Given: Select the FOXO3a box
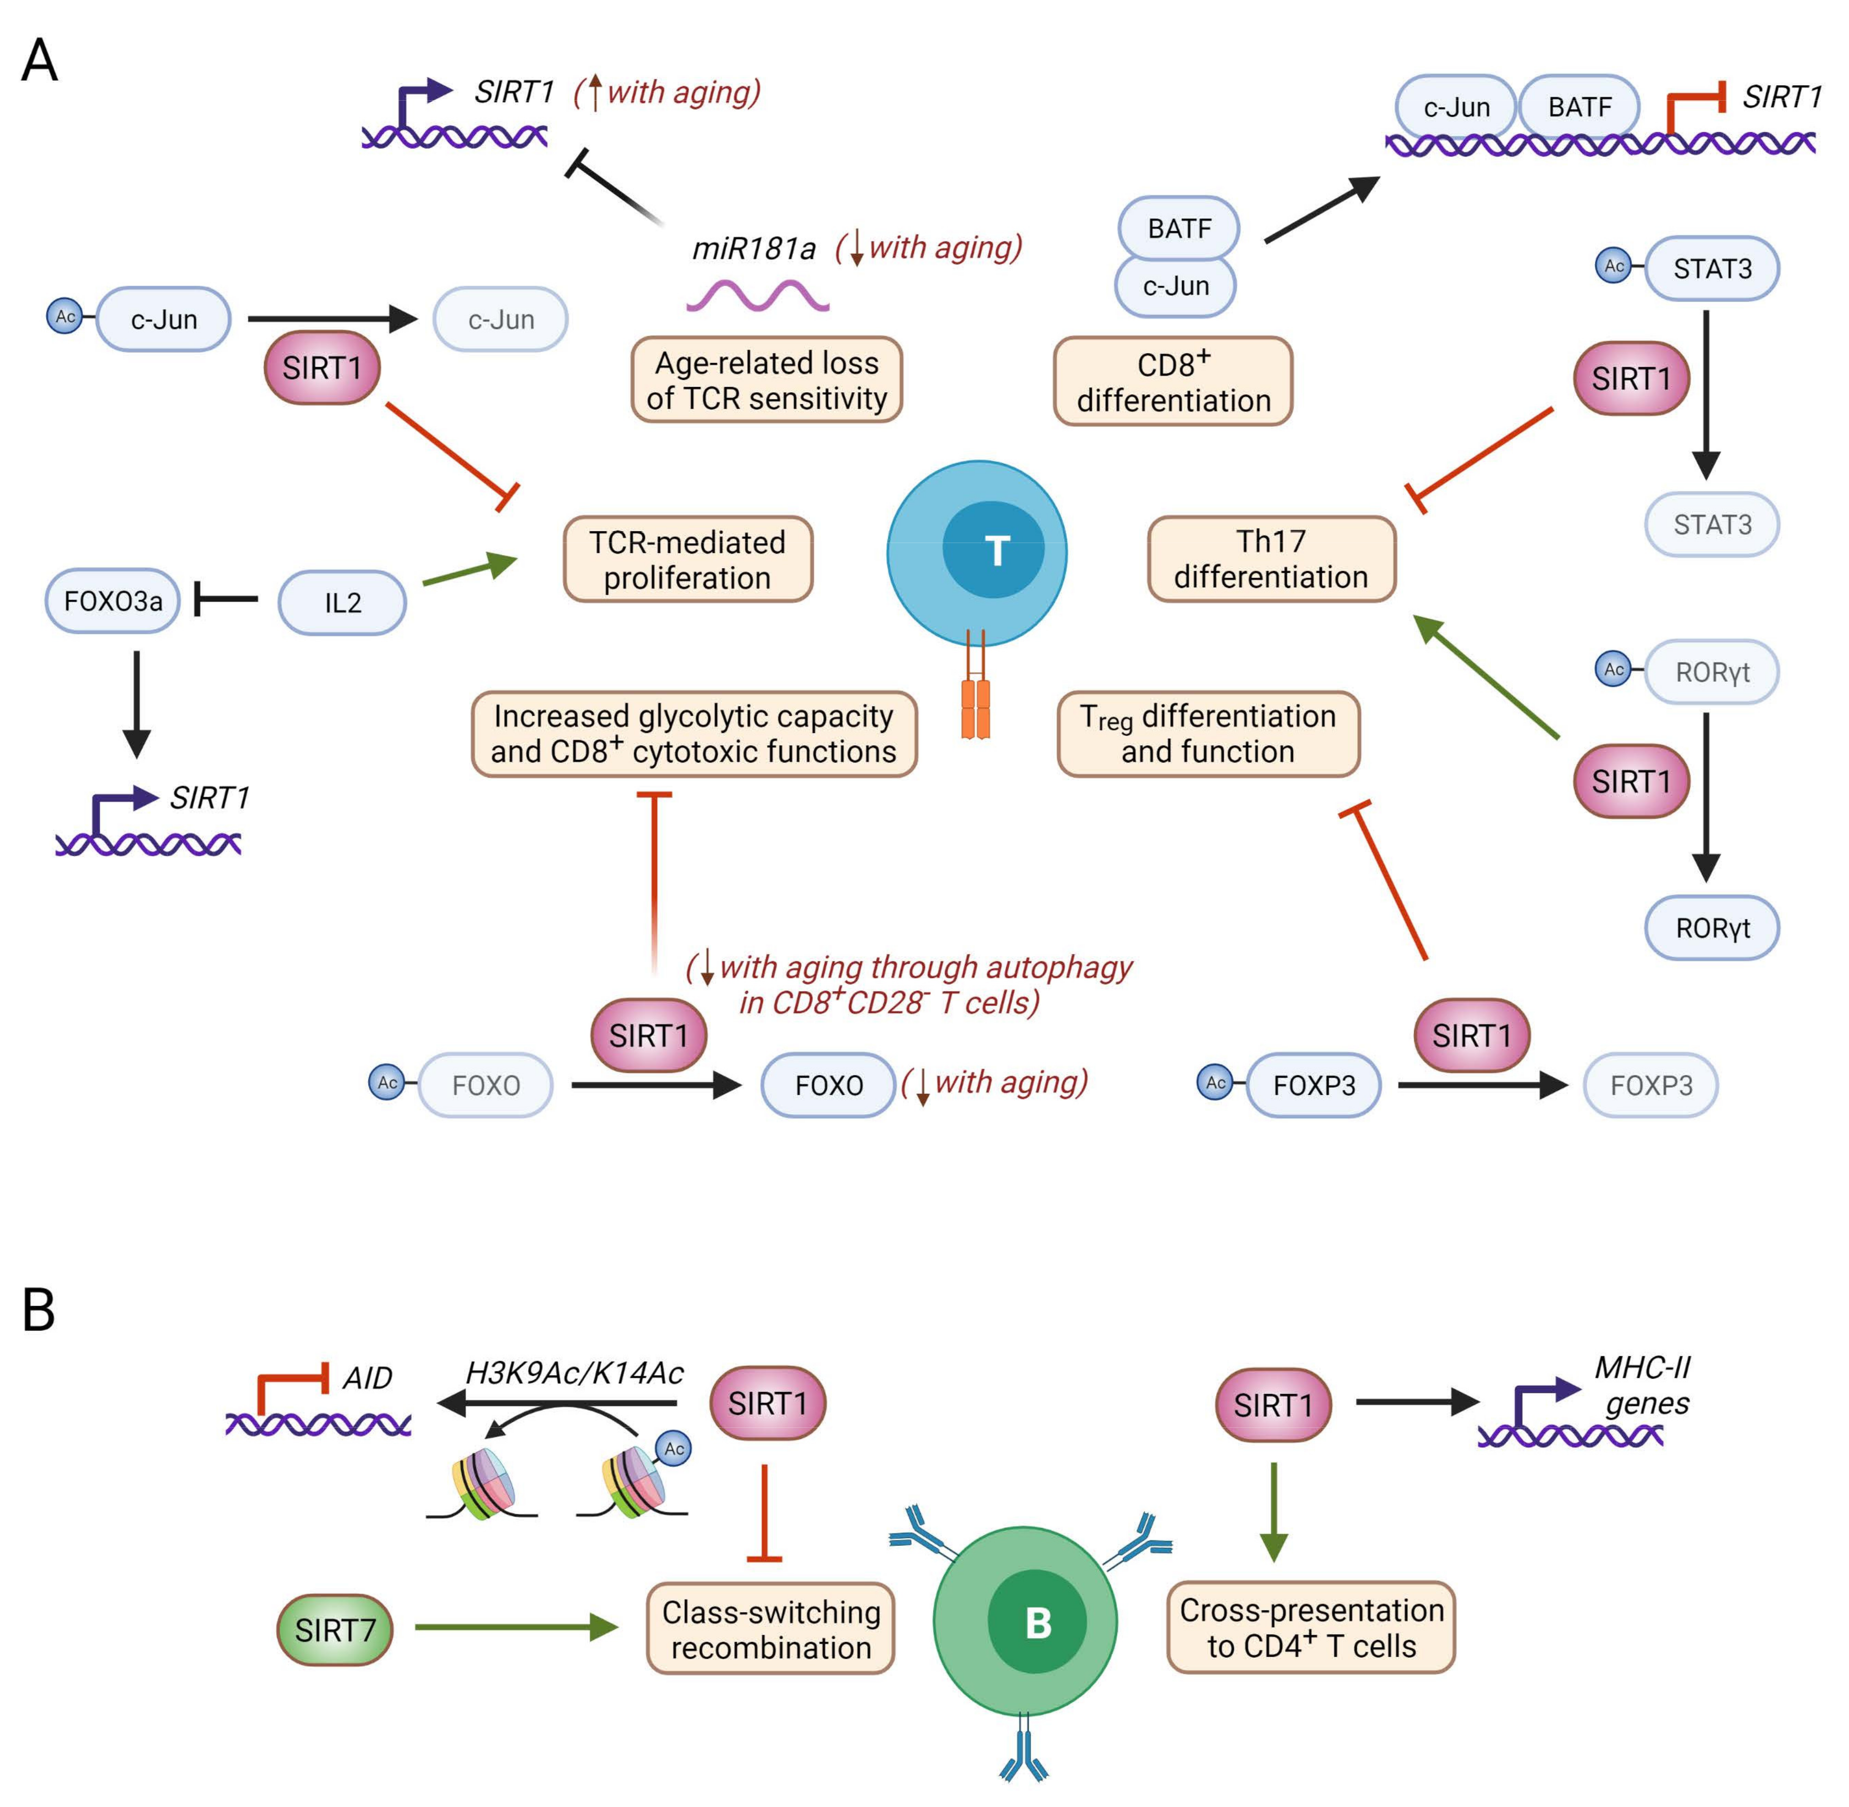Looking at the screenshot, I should pos(112,601).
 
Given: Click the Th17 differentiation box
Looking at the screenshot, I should pos(1271,559).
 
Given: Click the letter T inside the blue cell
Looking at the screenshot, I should pos(996,551).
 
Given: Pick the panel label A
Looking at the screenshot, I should pos(39,62).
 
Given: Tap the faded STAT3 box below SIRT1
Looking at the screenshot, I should pos(1711,524).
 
